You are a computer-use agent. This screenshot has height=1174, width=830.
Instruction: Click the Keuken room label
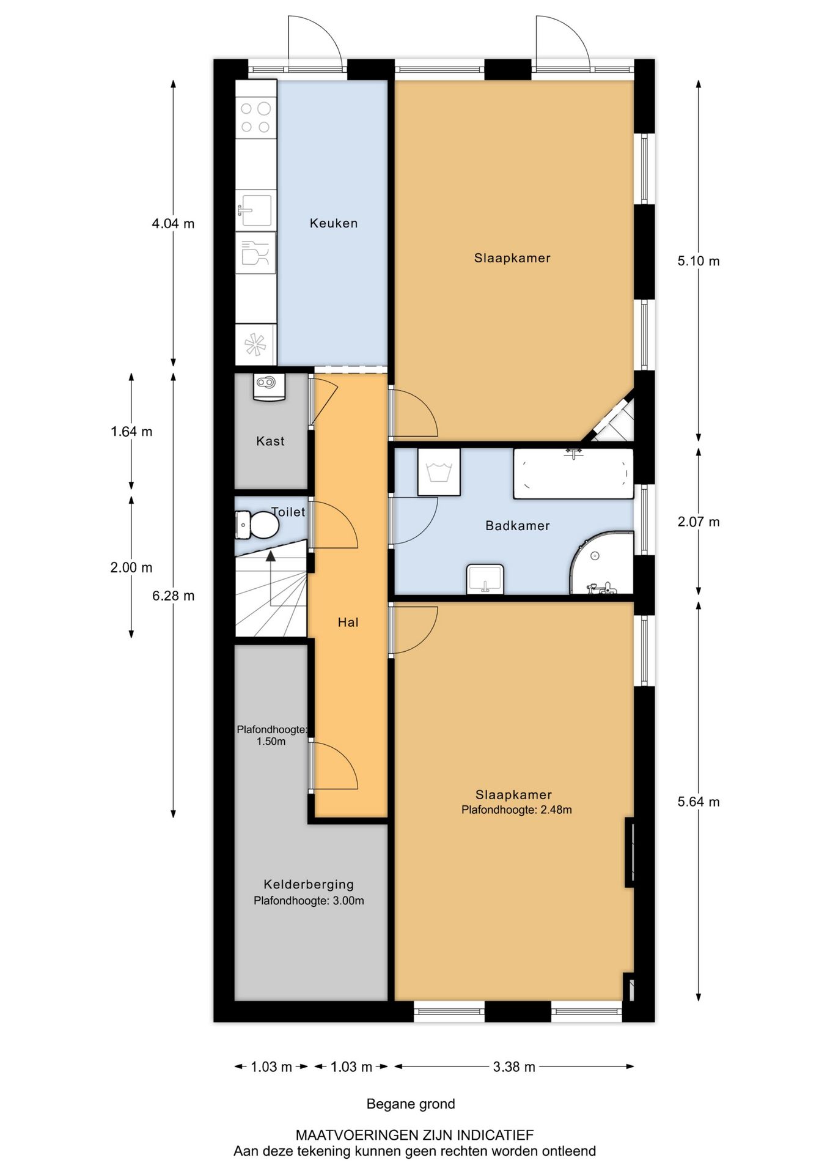coord(333,223)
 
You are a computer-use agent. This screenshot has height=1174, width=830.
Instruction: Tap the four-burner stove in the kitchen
coord(256,117)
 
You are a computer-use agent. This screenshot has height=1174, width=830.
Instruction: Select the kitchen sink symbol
coord(255,210)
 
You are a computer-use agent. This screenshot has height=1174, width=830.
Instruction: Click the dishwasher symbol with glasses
coord(255,252)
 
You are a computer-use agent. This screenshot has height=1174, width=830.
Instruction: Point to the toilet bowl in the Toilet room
coord(257,525)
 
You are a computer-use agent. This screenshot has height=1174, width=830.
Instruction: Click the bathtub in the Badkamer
coord(573,473)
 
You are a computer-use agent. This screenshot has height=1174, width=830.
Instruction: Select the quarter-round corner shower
coord(601,563)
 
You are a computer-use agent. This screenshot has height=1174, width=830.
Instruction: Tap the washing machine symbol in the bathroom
coord(439,472)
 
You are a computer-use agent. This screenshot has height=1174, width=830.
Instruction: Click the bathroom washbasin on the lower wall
coord(485,578)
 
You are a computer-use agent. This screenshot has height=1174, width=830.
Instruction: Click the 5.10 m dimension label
coord(698,261)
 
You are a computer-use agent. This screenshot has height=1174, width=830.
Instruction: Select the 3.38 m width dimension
coord(514,1067)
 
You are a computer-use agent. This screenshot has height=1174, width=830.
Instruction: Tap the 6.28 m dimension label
coord(174,596)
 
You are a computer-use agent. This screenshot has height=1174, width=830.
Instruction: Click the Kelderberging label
coord(309,884)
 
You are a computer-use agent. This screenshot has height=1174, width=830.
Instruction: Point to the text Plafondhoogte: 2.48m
coord(516,810)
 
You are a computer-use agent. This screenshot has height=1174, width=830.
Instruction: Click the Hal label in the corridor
coord(348,622)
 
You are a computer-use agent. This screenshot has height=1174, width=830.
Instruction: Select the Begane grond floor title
coord(411,1104)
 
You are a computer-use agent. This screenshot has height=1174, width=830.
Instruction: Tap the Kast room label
coord(270,441)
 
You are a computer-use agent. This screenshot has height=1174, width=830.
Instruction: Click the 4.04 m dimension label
coord(173,224)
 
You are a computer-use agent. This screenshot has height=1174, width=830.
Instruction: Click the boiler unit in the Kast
coord(269,386)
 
